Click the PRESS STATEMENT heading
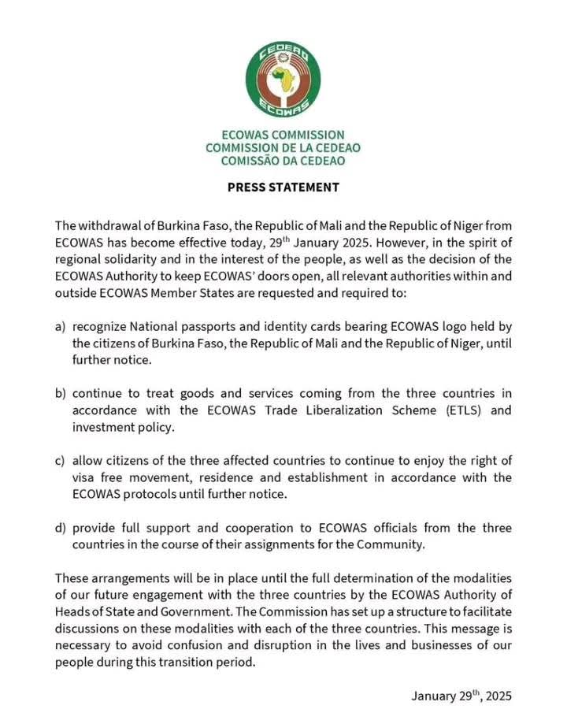click(283, 187)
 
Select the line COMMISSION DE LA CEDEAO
click(283, 147)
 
